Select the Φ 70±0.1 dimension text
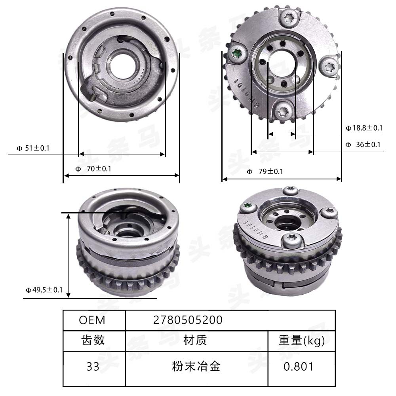click(93, 169)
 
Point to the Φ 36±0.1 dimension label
click(362, 145)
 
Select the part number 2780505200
click(188, 320)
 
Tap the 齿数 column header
click(93, 340)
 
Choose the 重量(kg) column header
click(301, 340)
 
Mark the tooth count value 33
click(93, 367)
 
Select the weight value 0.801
click(299, 367)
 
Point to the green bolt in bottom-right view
click(247, 206)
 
